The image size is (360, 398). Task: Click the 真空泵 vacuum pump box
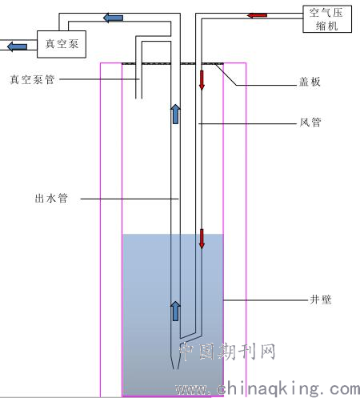[x=62, y=44]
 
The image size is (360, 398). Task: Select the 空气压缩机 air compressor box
[x=327, y=19]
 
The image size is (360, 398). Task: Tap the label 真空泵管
[x=32, y=79]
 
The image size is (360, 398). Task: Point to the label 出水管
[x=51, y=199]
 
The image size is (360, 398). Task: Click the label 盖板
[x=310, y=82]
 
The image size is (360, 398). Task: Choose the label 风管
[x=310, y=123]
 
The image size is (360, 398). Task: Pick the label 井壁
[x=321, y=300]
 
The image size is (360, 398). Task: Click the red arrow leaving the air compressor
[x=257, y=15]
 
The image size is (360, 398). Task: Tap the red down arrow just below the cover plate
[x=202, y=80]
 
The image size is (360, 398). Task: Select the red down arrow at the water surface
[x=202, y=239]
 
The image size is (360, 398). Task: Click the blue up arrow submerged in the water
[x=175, y=311]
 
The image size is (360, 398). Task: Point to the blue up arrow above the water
[x=175, y=114]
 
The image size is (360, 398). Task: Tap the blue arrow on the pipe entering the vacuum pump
[x=113, y=18]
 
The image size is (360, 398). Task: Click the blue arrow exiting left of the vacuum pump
[x=17, y=46]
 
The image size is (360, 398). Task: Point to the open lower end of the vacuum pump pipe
[x=138, y=98]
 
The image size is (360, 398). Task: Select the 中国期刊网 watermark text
[x=227, y=352]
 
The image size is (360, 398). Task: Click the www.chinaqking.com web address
[x=267, y=388]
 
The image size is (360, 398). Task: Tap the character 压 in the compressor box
[x=337, y=13]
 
